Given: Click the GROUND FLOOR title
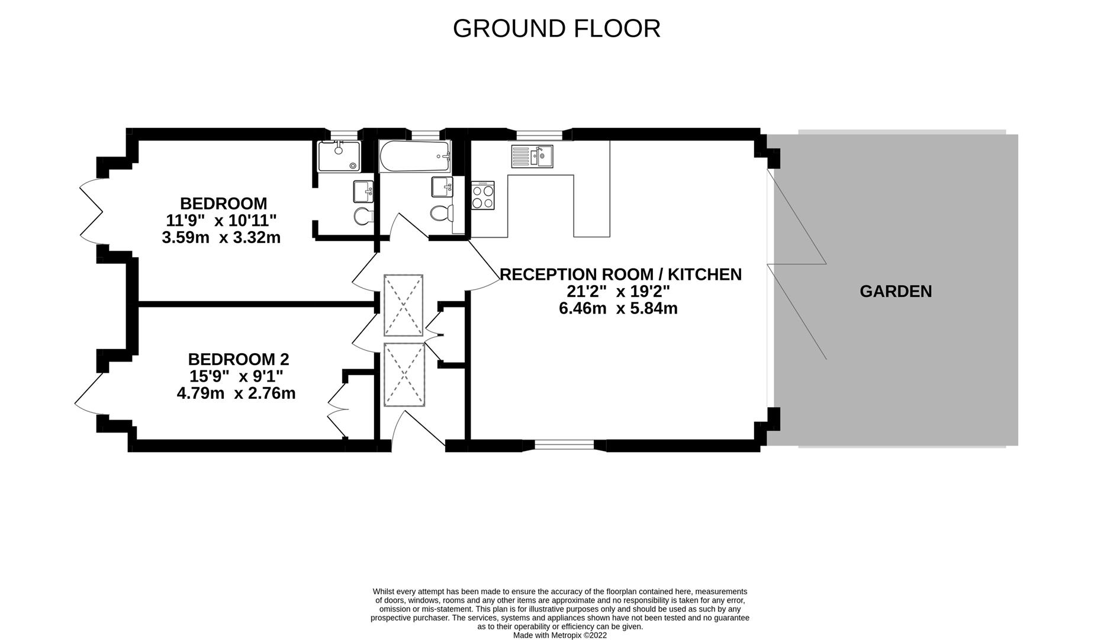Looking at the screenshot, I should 556,28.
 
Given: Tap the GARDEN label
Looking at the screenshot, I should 895,292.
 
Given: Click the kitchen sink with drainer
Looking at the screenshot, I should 532,156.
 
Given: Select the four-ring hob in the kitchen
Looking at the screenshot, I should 482,196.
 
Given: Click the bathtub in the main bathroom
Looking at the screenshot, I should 414,156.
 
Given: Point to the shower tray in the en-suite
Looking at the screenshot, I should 339,157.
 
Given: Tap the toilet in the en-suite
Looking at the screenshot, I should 362,216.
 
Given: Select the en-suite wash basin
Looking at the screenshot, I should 363,191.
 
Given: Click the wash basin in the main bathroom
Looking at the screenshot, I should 442,187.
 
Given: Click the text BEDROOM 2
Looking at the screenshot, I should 238,359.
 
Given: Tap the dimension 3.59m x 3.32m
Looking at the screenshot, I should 221,238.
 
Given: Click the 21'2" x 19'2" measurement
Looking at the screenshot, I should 618,292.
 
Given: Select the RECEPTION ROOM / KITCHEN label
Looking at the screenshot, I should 620,274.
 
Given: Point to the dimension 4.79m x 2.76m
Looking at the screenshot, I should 236,393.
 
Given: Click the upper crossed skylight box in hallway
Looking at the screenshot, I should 403,305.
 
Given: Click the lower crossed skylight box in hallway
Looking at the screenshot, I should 404,375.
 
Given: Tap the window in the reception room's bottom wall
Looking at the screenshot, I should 564,445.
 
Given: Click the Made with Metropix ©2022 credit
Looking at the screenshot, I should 559,635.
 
